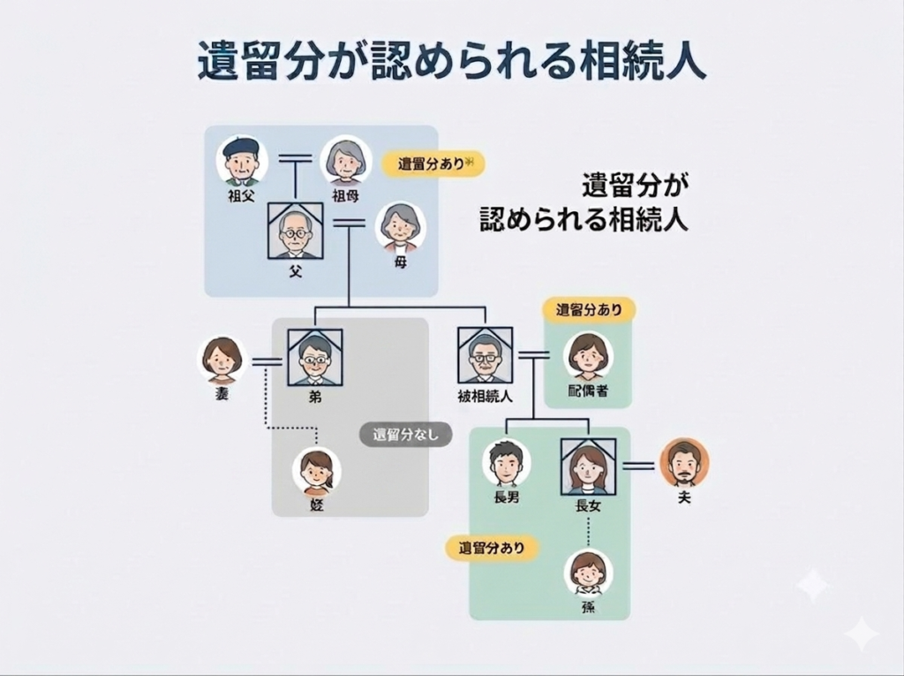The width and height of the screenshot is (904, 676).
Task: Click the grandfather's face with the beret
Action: (x=242, y=159)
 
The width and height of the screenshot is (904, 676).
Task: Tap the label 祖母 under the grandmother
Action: (x=345, y=195)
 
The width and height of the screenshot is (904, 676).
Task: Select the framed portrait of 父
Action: (x=296, y=232)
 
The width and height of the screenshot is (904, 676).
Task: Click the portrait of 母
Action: (x=400, y=227)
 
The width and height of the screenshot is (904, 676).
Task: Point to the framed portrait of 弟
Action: (x=315, y=357)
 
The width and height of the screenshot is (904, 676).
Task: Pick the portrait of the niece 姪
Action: (x=317, y=472)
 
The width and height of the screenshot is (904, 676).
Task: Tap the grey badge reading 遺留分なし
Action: (x=405, y=434)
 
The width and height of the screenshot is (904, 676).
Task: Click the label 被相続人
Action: (x=485, y=396)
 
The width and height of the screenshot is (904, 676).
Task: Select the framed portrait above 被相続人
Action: (x=485, y=355)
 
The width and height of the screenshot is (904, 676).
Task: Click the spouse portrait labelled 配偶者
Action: (x=588, y=356)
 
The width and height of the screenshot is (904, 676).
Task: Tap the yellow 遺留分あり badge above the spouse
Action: (x=589, y=310)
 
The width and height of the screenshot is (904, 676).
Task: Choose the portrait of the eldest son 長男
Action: (x=506, y=464)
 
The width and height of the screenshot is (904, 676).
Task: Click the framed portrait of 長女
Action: (x=588, y=467)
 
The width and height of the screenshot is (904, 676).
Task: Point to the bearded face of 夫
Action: (x=684, y=462)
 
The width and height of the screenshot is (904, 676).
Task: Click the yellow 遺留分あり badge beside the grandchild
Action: (x=492, y=548)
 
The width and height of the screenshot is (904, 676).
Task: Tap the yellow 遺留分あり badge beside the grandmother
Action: (x=433, y=164)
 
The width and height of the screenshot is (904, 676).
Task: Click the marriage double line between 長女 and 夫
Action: (x=638, y=466)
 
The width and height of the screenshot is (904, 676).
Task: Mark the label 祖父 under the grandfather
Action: (x=241, y=195)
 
